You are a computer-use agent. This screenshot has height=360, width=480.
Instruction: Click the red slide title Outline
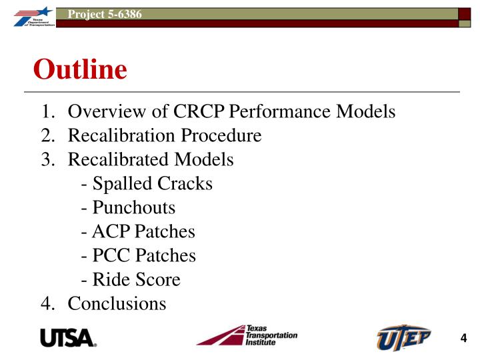tap(80, 69)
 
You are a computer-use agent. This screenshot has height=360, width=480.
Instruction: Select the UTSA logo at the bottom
tap(69, 338)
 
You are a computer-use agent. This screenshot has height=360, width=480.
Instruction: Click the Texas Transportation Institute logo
tap(247, 335)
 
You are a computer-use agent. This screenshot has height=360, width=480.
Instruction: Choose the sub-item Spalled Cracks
tap(146, 184)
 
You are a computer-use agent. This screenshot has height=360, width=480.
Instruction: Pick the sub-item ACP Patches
tap(137, 232)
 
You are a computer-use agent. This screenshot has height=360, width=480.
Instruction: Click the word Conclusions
tap(117, 304)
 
